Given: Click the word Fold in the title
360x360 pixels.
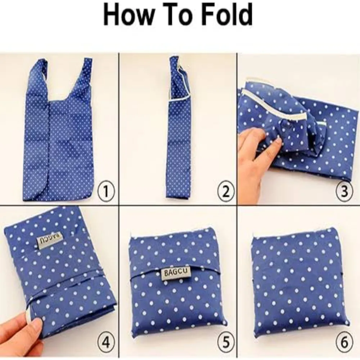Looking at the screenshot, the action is (x=226, y=15).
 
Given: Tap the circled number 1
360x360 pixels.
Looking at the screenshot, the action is (x=106, y=191).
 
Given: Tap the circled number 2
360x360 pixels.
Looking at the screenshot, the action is (x=226, y=191).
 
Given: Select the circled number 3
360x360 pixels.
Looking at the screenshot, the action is (x=344, y=191).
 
